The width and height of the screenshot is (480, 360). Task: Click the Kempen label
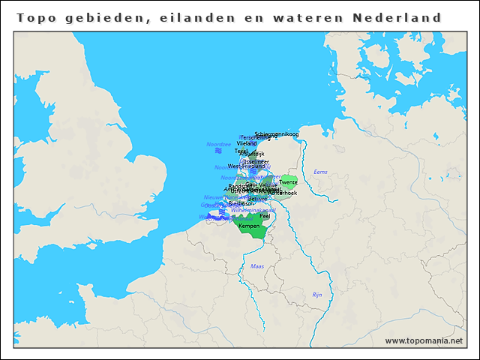pos(249,226)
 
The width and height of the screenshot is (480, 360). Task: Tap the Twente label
pos(288,182)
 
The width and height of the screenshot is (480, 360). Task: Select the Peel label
pos(264,216)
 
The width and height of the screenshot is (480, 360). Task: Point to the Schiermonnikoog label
pos(277,134)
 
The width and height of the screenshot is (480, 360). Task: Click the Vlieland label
pos(247,143)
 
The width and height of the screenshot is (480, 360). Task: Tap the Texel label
pos(241,151)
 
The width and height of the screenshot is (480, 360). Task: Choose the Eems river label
pos(320,172)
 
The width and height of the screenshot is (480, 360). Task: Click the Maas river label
pos(257,266)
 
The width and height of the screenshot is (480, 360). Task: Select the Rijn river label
pos(316,295)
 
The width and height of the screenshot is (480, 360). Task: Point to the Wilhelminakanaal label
pos(253,210)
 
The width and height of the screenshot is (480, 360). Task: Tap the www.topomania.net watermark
pos(423,341)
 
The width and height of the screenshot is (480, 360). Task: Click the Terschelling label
pos(255,138)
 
